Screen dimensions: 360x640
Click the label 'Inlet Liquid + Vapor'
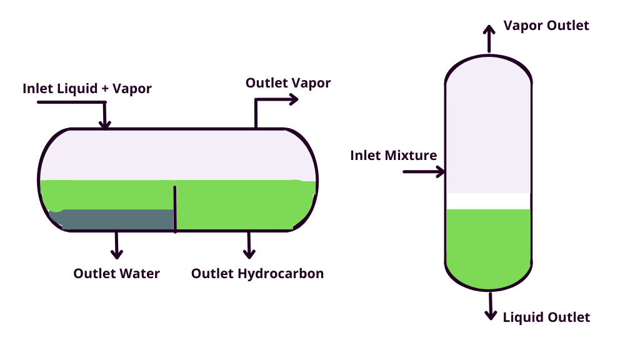click(x=87, y=88)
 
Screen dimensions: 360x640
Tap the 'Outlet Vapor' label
click(x=287, y=82)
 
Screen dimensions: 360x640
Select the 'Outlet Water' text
click(x=116, y=273)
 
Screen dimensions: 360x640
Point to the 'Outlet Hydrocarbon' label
click(x=257, y=273)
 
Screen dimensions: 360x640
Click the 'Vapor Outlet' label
click(x=546, y=26)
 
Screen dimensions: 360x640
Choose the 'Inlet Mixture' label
click(x=393, y=155)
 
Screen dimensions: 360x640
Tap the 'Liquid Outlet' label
click(x=546, y=317)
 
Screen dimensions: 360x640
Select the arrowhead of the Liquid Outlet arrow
click(x=490, y=315)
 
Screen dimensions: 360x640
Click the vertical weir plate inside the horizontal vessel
click(x=175, y=209)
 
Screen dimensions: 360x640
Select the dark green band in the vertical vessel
click(x=488, y=201)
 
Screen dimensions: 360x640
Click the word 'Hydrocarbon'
click(x=284, y=273)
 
